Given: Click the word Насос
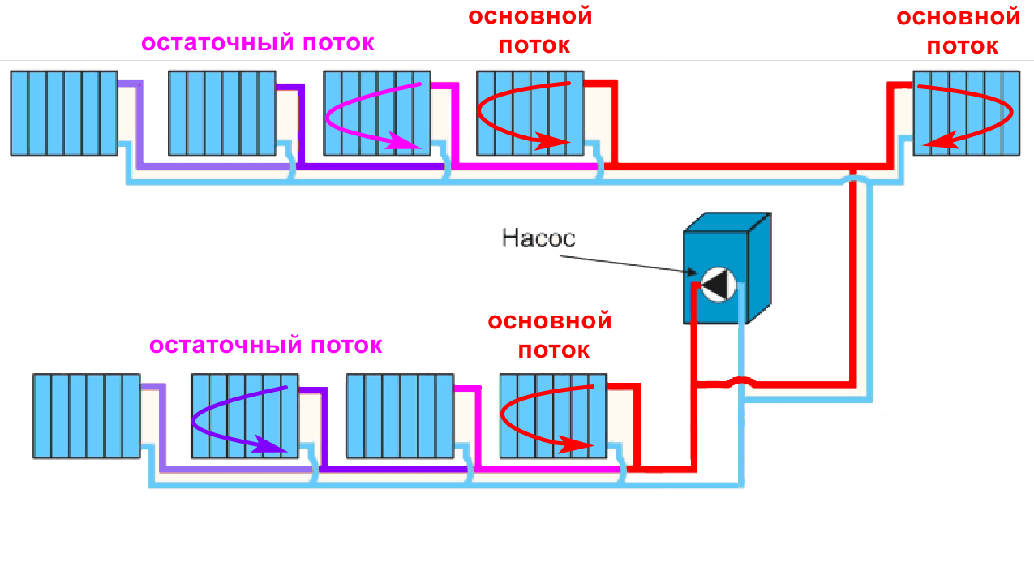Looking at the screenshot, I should click(x=538, y=238).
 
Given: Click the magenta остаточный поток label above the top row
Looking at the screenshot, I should click(x=258, y=43).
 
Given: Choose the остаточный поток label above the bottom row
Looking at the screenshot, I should click(x=265, y=346).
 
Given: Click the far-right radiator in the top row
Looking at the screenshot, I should click(x=966, y=113).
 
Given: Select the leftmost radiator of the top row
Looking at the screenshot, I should click(x=64, y=113).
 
